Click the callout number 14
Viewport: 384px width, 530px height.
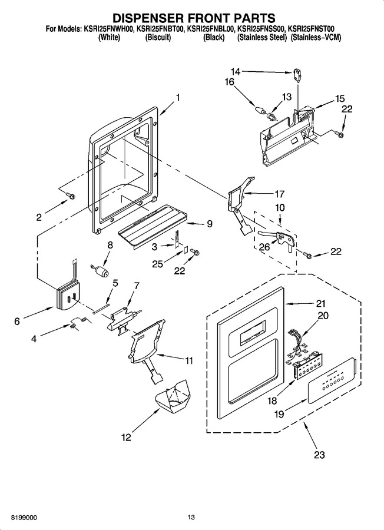[236, 71]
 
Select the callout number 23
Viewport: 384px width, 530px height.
[319, 455]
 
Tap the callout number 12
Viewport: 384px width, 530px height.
[126, 438]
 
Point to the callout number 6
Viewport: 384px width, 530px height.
[17, 321]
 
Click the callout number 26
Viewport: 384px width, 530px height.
[264, 247]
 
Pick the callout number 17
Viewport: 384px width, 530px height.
[280, 194]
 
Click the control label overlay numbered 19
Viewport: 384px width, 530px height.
[332, 380]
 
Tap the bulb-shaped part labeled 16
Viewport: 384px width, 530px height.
[260, 110]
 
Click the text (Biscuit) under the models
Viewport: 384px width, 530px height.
[158, 38]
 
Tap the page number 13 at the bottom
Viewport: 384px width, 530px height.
[191, 517]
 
